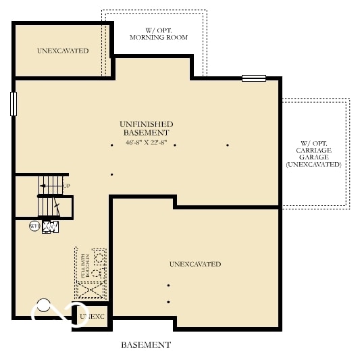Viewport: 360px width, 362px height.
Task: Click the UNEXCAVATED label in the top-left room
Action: (x=63, y=51)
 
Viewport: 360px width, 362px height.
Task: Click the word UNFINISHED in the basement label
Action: (x=147, y=124)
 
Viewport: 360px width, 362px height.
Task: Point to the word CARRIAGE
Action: (x=313, y=150)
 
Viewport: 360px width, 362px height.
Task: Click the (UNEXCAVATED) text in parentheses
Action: (x=313, y=165)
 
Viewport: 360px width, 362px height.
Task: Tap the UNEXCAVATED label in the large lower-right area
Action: (x=195, y=264)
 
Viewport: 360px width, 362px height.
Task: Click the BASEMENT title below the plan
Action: (x=146, y=345)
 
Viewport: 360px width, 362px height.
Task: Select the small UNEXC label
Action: (x=92, y=316)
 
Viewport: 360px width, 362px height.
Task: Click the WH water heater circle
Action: (x=34, y=226)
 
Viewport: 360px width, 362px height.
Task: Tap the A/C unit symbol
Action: (x=51, y=227)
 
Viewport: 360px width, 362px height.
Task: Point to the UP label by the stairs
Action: (x=66, y=185)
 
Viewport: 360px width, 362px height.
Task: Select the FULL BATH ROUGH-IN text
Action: (x=84, y=265)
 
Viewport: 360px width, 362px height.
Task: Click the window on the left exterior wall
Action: (x=13, y=104)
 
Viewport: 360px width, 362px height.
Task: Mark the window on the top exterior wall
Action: (x=255, y=78)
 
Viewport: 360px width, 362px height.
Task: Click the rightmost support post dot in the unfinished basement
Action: (x=228, y=145)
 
